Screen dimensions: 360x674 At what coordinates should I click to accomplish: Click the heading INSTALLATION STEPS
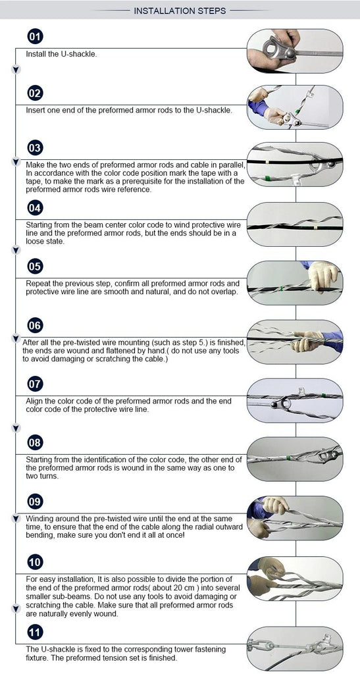[x=180, y=11]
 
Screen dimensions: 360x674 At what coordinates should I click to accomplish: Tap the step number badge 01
[x=35, y=37]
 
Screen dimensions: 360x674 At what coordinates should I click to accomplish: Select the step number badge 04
[x=35, y=208]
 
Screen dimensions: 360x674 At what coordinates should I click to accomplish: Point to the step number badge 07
[x=35, y=384]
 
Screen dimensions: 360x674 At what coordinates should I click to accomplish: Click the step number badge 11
[x=35, y=633]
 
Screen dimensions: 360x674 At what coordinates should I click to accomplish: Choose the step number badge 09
[x=35, y=502]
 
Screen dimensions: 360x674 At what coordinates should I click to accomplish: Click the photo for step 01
[x=295, y=51]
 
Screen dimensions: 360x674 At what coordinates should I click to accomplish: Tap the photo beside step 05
[x=295, y=282]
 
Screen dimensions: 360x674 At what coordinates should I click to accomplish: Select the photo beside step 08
[x=295, y=459]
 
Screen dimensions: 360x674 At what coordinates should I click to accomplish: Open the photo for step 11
[x=295, y=648]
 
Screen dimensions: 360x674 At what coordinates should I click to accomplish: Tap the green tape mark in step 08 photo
[x=288, y=459]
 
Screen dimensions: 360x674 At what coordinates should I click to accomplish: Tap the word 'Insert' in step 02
[x=35, y=111]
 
